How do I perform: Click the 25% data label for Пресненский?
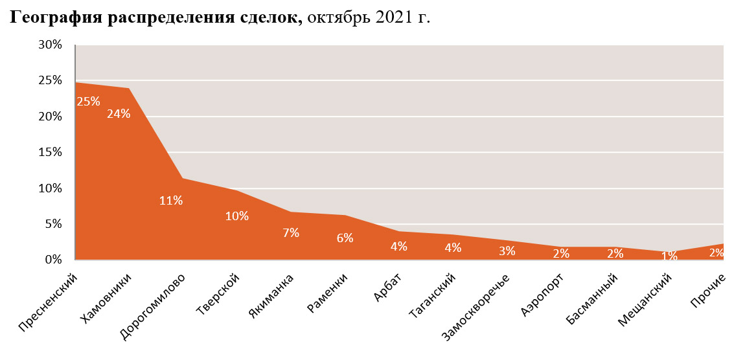coord(88,102)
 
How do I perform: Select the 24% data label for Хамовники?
coord(119,114)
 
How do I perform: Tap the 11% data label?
coord(171,201)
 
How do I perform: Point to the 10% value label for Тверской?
coord(237,216)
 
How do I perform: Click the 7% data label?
coord(291,233)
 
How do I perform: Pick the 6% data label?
coord(345,238)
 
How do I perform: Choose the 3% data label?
coord(507,251)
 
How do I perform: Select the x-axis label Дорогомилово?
coord(154,307)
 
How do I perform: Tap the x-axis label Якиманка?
coord(271,295)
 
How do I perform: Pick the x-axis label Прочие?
coord(707,289)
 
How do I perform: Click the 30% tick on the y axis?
coord(50,45)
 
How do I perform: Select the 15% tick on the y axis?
coord(50,153)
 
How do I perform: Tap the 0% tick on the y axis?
coord(53,260)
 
